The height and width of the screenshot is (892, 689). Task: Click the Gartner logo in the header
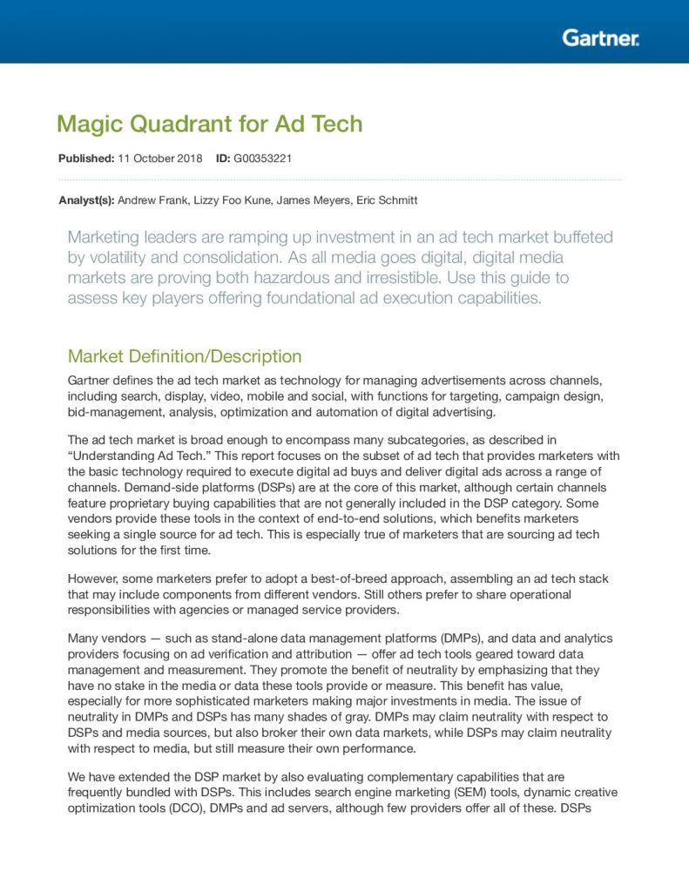coord(600,37)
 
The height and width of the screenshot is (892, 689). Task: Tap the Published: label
coord(85,159)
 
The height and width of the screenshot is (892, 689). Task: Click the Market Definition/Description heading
coord(185,356)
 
